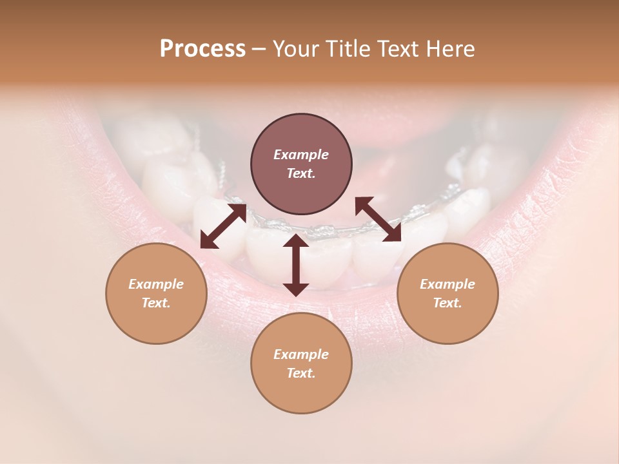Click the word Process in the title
pyautogui.click(x=202, y=49)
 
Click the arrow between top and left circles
pyautogui.click(x=223, y=226)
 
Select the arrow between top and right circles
pyautogui.click(x=378, y=220)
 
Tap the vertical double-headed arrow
pyautogui.click(x=296, y=265)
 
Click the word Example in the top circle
pyautogui.click(x=301, y=155)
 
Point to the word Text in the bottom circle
pyautogui.click(x=301, y=373)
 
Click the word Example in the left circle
pyautogui.click(x=156, y=284)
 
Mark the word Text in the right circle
pyautogui.click(x=447, y=303)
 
